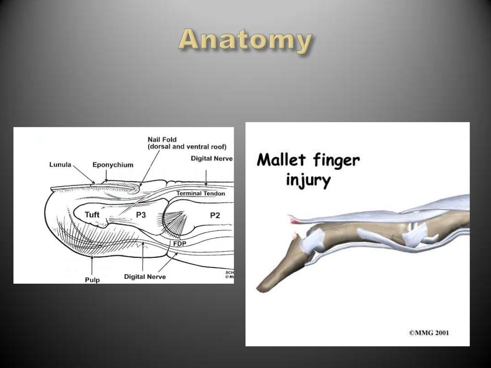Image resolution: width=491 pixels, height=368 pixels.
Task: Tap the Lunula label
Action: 60,165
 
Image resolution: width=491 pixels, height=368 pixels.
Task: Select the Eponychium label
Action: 113,165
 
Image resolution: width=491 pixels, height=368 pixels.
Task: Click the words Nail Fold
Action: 162,139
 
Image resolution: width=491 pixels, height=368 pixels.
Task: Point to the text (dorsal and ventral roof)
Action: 187,147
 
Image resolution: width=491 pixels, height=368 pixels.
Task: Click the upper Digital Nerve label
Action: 211,158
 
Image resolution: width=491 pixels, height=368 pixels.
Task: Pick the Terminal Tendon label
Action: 200,194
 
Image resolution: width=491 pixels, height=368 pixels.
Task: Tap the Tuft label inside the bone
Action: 92,215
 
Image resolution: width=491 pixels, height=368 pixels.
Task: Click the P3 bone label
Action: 140,216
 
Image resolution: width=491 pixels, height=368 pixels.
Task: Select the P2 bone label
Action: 214,216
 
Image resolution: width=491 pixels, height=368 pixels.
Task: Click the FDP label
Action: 180,243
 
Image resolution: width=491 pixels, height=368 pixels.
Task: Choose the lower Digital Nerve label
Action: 145,276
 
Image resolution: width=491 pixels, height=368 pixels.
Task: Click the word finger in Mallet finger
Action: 336,160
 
